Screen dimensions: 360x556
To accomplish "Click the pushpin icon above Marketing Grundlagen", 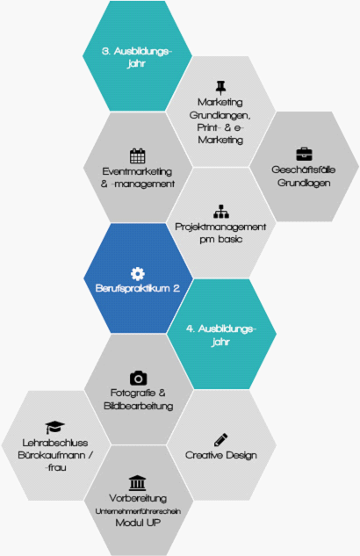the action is pyautogui.click(x=220, y=88).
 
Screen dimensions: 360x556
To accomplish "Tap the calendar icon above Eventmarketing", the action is pyautogui.click(x=138, y=155).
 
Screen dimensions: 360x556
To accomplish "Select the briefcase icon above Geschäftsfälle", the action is pyautogui.click(x=304, y=155).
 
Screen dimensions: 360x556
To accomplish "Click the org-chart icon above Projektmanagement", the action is pyautogui.click(x=221, y=212).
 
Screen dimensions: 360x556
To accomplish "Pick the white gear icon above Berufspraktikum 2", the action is pyautogui.click(x=138, y=274).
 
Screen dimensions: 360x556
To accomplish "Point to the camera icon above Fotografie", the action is pyautogui.click(x=138, y=378).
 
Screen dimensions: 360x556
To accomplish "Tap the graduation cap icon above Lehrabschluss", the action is pyautogui.click(x=55, y=427).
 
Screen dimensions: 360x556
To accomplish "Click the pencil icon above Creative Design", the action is pyautogui.click(x=220, y=440).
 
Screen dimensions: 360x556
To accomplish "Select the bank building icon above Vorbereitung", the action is pyautogui.click(x=138, y=483).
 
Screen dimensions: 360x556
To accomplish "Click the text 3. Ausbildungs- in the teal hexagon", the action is pyautogui.click(x=137, y=52).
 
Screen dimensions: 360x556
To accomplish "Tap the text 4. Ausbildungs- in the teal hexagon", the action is pyautogui.click(x=220, y=329).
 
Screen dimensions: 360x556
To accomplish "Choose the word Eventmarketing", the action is pyautogui.click(x=138, y=171).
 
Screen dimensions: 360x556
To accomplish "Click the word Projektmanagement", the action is pyautogui.click(x=220, y=227).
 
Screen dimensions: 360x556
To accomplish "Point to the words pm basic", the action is pyautogui.click(x=220, y=239).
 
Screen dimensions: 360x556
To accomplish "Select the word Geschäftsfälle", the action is pyautogui.click(x=303, y=170).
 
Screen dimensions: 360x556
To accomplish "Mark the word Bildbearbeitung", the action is pyautogui.click(x=138, y=406).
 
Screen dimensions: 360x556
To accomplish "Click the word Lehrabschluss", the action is pyautogui.click(x=55, y=443).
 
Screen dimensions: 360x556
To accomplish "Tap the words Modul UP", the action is pyautogui.click(x=138, y=523).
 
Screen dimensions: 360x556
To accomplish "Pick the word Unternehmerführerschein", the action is pyautogui.click(x=138, y=511).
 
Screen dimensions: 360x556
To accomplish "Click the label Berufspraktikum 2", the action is pyautogui.click(x=138, y=289).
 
